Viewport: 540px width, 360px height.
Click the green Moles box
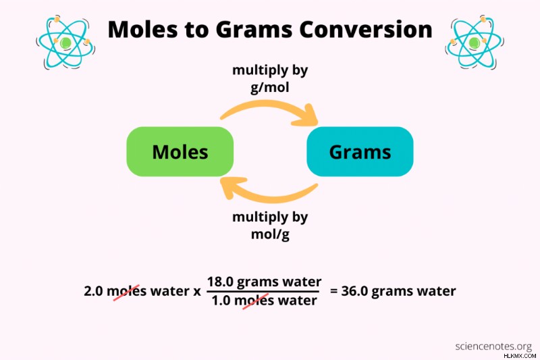coord(180,151)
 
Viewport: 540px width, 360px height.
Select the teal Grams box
coord(360,151)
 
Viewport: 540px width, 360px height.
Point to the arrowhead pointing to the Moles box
coord(232,186)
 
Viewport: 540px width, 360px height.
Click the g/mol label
coord(269,87)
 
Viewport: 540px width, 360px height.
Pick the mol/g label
coord(270,234)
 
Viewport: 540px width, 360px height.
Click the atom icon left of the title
coord(65,42)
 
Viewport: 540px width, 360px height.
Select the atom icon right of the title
coord(475,42)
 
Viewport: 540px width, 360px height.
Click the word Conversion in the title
coord(366,29)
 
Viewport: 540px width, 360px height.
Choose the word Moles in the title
coord(143,29)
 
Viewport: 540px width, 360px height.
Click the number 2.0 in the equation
coord(93,292)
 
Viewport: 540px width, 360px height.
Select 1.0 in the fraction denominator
coord(221,301)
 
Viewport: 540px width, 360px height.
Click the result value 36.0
coord(355,292)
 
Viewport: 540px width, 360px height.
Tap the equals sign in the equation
coord(333,292)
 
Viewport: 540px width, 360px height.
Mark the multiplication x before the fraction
coord(196,292)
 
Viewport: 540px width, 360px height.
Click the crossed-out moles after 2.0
coord(127,292)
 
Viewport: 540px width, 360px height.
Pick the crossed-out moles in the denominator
coord(254,301)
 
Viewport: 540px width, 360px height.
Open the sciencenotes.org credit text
coord(493,346)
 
